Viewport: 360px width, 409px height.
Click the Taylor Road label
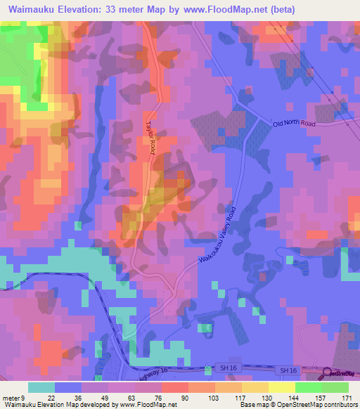point(150,135)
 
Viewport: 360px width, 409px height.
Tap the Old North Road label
point(295,124)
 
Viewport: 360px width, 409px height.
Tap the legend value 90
point(184,398)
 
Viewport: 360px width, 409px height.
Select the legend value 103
point(212,398)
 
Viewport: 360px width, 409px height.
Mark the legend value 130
point(266,398)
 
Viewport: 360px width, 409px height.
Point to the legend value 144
point(294,398)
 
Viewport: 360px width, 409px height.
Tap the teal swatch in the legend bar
point(41,387)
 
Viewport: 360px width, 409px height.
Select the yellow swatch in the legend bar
point(281,387)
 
